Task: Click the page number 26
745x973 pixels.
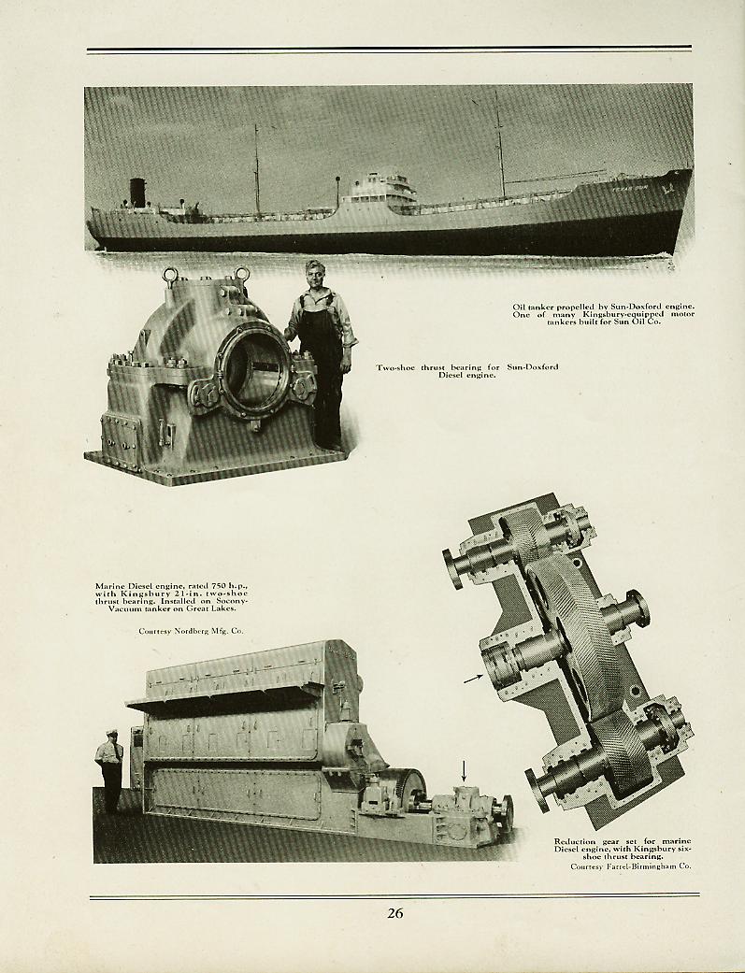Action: click(x=395, y=913)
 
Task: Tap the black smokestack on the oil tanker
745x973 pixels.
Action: click(x=137, y=193)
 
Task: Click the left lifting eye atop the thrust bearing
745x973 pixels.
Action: click(x=171, y=274)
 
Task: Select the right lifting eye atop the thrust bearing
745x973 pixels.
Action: click(x=241, y=274)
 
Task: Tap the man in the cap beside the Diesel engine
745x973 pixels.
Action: click(x=110, y=770)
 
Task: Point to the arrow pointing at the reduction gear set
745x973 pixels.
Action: click(x=473, y=679)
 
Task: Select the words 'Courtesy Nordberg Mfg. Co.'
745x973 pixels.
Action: click(x=191, y=631)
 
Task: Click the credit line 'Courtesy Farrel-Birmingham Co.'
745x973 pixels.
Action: click(x=631, y=866)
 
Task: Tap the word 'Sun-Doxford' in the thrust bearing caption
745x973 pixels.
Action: click(x=532, y=366)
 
